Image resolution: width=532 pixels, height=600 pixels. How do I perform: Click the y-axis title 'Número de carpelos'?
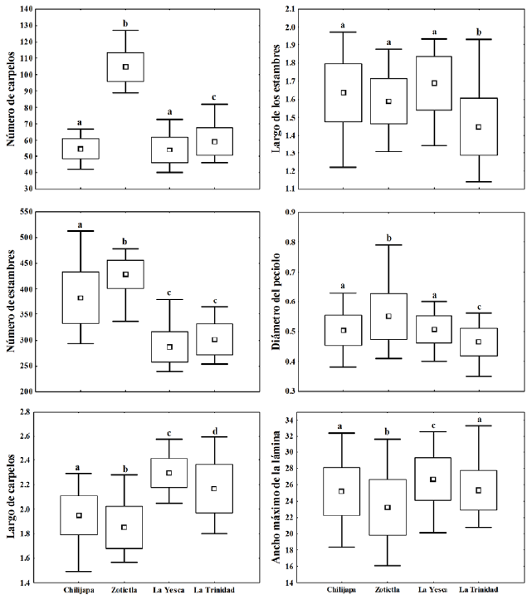[x=12, y=98]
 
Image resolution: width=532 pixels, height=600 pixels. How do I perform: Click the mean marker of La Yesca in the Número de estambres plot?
[x=169, y=347]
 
